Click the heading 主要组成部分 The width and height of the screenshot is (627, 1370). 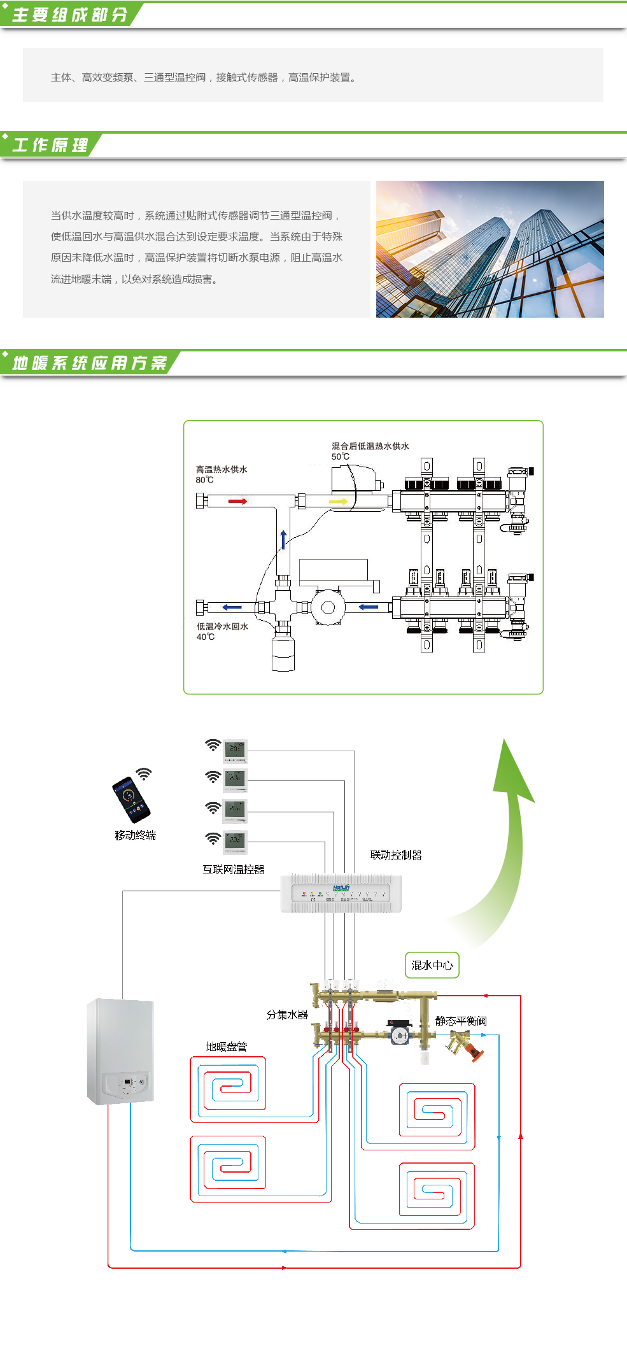[x=69, y=15]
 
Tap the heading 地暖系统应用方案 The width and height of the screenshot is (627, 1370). [x=89, y=363]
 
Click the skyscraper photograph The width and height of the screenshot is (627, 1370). [x=490, y=249]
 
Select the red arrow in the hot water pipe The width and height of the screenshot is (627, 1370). [x=237, y=502]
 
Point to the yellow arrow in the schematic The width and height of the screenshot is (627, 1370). [x=338, y=502]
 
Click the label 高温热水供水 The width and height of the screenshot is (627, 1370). [x=222, y=469]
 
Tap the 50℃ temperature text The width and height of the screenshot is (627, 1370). [x=341, y=456]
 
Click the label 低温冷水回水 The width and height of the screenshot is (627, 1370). [x=222, y=626]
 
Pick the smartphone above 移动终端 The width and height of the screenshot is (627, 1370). [x=131, y=800]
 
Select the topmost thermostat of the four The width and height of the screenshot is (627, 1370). [x=235, y=750]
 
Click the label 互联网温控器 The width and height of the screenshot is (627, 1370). [x=233, y=869]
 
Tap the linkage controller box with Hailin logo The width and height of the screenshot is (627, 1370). [x=341, y=893]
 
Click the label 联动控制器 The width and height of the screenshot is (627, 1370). [x=396, y=855]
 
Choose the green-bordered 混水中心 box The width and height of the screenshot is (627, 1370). [x=432, y=965]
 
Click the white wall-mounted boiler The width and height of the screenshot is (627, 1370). [x=121, y=1051]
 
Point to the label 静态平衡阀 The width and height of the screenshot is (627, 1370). [x=461, y=1020]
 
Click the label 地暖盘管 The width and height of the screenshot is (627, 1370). [x=226, y=1046]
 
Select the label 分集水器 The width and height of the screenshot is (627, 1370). [x=287, y=1014]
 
